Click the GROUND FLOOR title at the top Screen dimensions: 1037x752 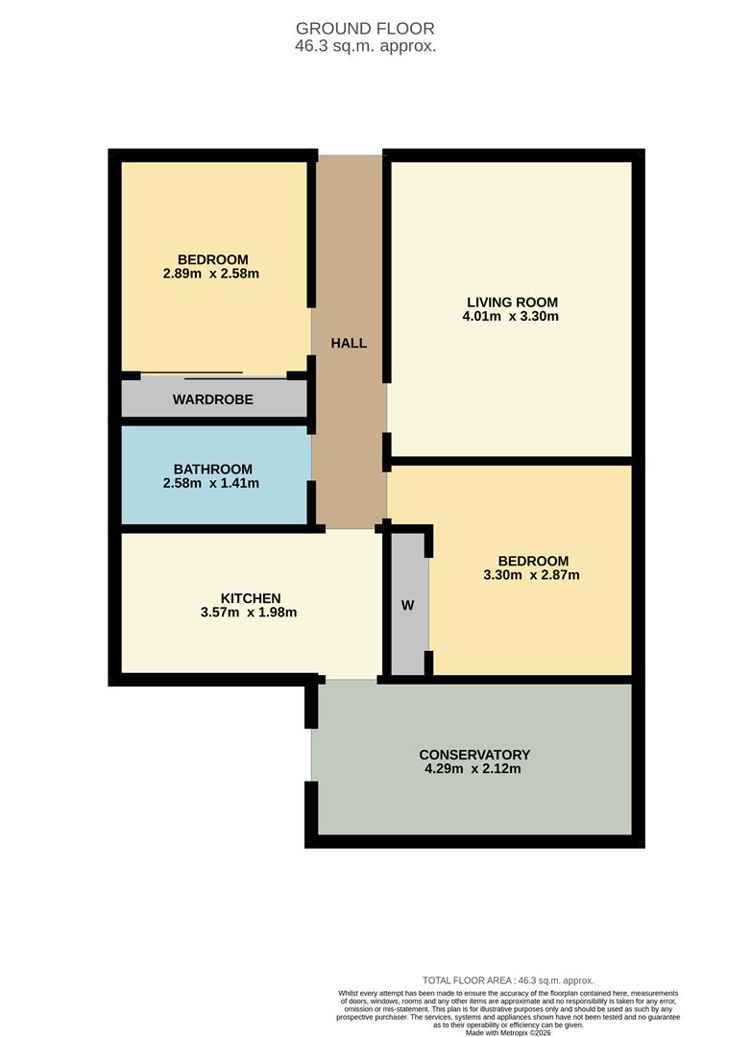pyautogui.click(x=365, y=29)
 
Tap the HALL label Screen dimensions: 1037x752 pyautogui.click(x=349, y=343)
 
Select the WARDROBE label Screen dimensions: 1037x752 pyautogui.click(x=213, y=399)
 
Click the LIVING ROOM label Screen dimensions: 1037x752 pyautogui.click(x=510, y=301)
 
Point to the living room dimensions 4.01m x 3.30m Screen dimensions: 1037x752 pyautogui.click(x=510, y=316)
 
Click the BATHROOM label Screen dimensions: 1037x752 pyautogui.click(x=213, y=469)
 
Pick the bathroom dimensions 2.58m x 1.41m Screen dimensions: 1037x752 pyautogui.click(x=213, y=484)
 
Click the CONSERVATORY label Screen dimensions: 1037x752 pyautogui.click(x=474, y=755)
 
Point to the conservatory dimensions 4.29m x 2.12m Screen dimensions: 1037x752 pyautogui.click(x=474, y=769)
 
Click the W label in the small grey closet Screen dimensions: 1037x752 pyautogui.click(x=407, y=606)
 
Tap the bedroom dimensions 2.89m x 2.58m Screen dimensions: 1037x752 pyautogui.click(x=212, y=275)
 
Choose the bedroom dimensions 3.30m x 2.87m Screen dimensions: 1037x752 pyautogui.click(x=532, y=576)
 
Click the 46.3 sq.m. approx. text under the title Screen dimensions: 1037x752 pyautogui.click(x=365, y=45)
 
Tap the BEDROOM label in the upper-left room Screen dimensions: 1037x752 pyautogui.click(x=213, y=259)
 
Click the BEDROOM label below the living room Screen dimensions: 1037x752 pyautogui.click(x=533, y=561)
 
